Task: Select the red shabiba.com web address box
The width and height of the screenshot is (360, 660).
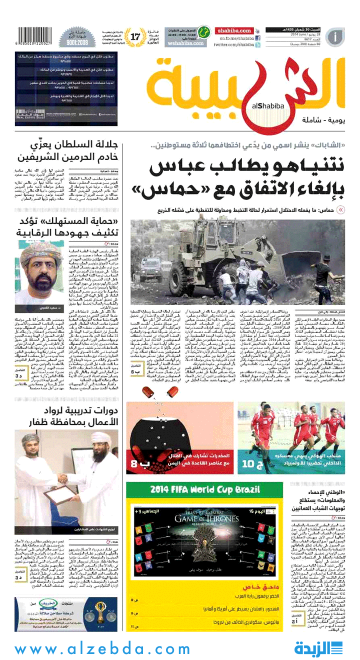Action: click(x=234, y=31)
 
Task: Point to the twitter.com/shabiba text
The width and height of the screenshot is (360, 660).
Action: click(x=234, y=45)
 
